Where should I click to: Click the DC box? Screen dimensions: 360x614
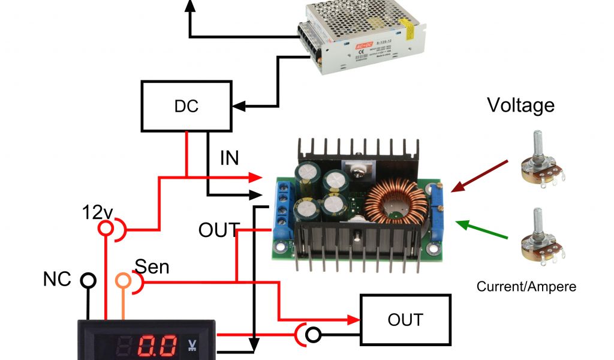(186, 106)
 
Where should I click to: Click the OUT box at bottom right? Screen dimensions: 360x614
(405, 319)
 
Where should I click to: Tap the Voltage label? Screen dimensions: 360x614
(520, 106)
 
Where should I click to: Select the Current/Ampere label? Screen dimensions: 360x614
(526, 287)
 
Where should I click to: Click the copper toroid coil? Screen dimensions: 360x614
(392, 205)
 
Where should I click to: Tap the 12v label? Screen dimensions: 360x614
(98, 211)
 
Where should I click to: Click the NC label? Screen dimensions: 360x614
(57, 278)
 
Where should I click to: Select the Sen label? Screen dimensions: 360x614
(152, 266)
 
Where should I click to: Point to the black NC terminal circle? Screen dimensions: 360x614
(88, 280)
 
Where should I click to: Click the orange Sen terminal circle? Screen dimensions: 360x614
(124, 280)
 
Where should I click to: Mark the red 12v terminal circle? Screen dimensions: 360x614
(107, 229)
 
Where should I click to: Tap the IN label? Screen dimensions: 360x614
(229, 158)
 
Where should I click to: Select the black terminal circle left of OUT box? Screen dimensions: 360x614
(312, 335)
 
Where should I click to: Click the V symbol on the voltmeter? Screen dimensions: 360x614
(192, 344)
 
